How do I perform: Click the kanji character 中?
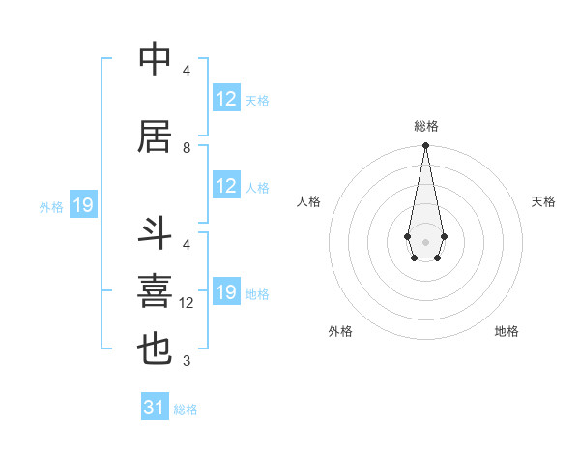click(x=155, y=60)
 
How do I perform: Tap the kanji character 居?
click(x=155, y=137)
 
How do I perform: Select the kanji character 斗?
click(x=155, y=234)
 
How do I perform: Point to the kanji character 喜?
click(x=155, y=291)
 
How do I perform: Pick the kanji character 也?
click(x=155, y=349)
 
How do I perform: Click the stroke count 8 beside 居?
click(x=187, y=148)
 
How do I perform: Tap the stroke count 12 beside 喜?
click(x=188, y=303)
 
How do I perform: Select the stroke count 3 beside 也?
click(x=187, y=361)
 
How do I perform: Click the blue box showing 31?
click(x=154, y=408)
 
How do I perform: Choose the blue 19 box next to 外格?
click(x=82, y=205)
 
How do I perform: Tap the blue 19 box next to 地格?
click(x=226, y=292)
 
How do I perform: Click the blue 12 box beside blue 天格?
click(x=226, y=99)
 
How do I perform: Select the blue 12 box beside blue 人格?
click(x=226, y=186)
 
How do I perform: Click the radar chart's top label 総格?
click(x=425, y=126)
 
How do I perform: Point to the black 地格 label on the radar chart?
click(x=507, y=331)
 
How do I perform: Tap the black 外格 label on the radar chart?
click(x=340, y=331)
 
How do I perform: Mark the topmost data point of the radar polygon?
click(x=425, y=146)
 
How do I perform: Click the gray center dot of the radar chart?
click(x=425, y=240)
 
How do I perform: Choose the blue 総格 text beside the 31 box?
click(x=186, y=409)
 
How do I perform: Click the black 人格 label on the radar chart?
click(x=309, y=201)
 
